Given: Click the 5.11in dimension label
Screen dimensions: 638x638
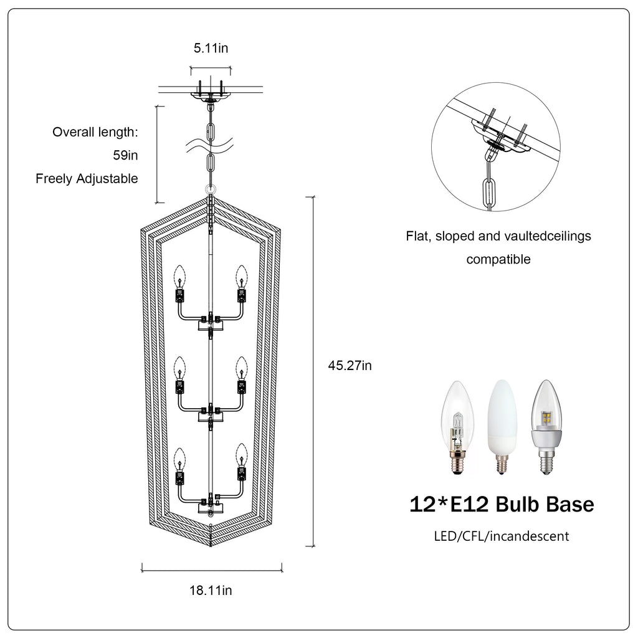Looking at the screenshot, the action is (x=211, y=48).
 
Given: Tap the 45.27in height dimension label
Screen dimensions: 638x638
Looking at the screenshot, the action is (x=350, y=365).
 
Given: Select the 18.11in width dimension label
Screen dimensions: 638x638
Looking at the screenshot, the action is (x=211, y=591).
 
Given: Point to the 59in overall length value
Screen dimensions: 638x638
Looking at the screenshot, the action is (x=125, y=155).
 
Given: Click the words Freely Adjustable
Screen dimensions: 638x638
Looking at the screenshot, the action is (x=87, y=179).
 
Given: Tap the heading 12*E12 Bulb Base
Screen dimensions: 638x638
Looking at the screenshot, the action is (x=502, y=504).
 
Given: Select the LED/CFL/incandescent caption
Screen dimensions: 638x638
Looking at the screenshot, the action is (x=502, y=536).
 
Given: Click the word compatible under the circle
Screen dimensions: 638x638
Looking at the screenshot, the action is (x=498, y=259).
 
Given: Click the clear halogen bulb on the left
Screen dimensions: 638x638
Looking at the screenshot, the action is (x=458, y=427).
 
